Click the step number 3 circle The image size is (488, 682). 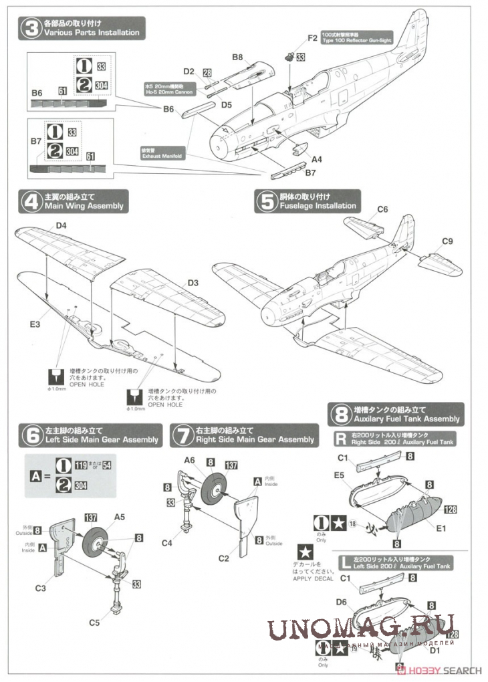[x=30, y=28]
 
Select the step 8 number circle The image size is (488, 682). [x=340, y=415]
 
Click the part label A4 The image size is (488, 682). [x=317, y=159]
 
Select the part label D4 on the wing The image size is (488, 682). [x=62, y=226]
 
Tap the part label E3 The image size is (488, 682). [x=35, y=324]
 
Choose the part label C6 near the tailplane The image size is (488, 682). [x=382, y=209]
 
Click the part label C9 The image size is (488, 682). [x=448, y=241]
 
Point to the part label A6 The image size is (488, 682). [x=189, y=461]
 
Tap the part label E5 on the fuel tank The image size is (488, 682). [x=339, y=476]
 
